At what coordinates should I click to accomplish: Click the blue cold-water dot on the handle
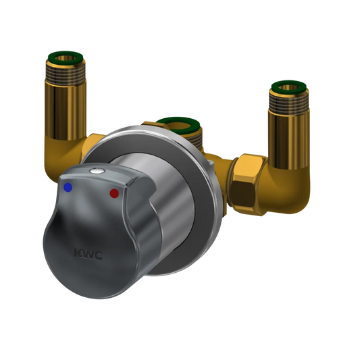click(x=68, y=187)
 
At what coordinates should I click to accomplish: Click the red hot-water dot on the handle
click(x=114, y=194)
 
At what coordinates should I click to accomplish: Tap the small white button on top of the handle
click(x=97, y=171)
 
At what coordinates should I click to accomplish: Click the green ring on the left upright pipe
click(x=66, y=57)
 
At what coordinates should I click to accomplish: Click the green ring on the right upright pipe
click(x=289, y=86)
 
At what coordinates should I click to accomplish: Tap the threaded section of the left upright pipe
click(x=66, y=72)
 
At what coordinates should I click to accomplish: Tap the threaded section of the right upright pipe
click(x=289, y=102)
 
